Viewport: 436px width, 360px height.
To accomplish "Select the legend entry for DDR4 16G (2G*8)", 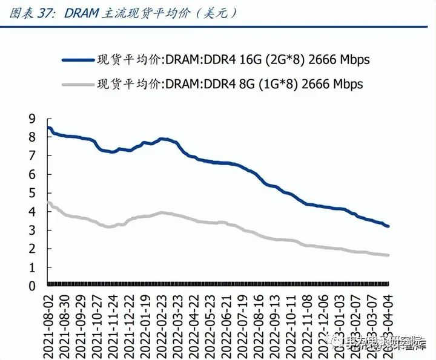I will pos(233,59).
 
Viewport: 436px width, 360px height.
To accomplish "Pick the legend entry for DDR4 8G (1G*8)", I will pos(230,84).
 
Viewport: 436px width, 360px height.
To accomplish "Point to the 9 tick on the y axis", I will pos(32,119).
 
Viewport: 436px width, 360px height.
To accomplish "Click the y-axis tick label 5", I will pos(32,193).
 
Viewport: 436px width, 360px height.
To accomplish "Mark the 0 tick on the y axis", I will pos(32,286).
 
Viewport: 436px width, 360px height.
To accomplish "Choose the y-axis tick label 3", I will pos(32,230).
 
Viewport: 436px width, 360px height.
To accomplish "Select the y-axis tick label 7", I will pos(32,155).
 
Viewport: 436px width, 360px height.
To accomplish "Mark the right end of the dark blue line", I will pos(388,226).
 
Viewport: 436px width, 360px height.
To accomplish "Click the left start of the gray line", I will pos(48,202).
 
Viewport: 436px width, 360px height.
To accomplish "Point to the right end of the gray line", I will pos(388,255).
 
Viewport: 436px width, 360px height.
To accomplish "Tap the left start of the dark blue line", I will pos(48,128).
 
